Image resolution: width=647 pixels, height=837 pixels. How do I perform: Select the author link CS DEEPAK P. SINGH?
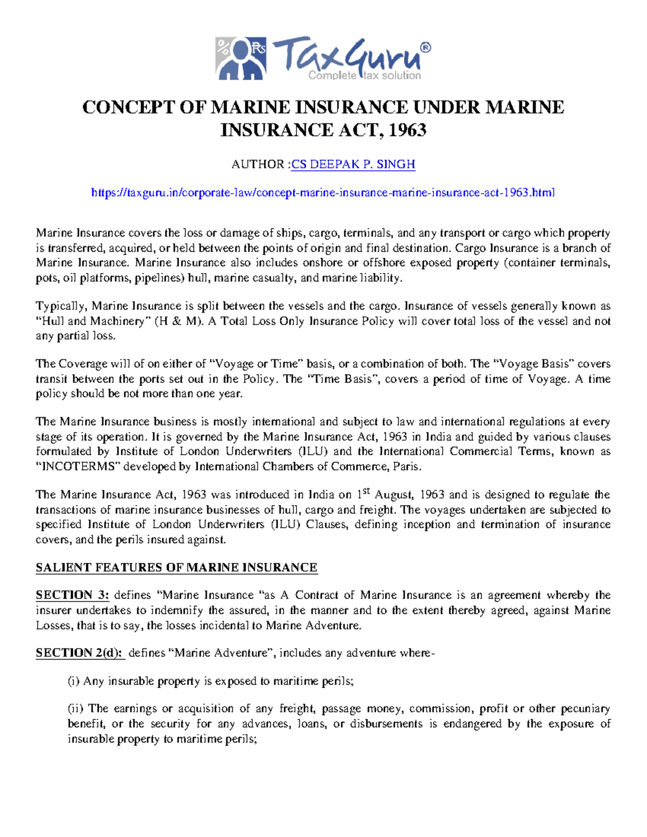(x=353, y=164)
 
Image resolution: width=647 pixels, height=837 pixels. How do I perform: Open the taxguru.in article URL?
(x=323, y=192)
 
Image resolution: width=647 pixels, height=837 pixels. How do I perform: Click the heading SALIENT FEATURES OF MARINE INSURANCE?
(x=176, y=568)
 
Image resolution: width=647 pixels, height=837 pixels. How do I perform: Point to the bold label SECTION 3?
(x=72, y=595)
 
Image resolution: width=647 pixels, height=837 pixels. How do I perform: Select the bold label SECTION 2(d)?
(x=80, y=653)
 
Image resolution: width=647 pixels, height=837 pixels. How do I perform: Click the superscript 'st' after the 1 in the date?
(x=366, y=491)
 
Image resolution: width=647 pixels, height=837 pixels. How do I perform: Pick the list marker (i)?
(x=73, y=681)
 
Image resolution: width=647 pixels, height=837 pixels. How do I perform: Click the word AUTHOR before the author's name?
(x=258, y=164)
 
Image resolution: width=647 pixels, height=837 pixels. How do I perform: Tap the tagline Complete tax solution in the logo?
(x=364, y=75)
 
